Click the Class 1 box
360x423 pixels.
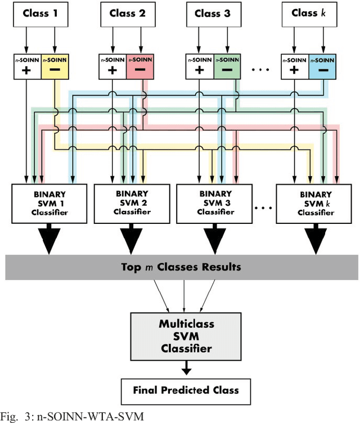[x=41, y=13]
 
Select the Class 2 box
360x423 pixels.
[x=128, y=13]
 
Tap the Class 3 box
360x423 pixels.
[x=214, y=13]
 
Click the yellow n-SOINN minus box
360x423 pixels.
[x=55, y=66]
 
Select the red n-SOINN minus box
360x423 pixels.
[x=141, y=66]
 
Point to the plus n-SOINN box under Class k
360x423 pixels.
[x=294, y=66]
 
